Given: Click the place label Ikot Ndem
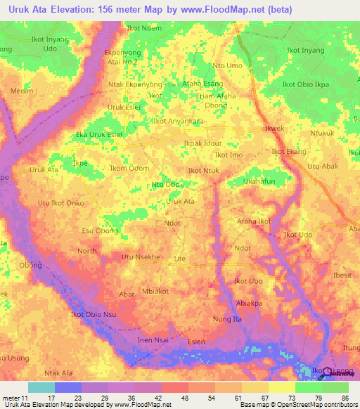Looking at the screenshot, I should (x=143, y=29).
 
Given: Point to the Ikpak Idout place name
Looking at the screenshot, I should (x=202, y=143).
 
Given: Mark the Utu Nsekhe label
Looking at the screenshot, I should (x=142, y=257).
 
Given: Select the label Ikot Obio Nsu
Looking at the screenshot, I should (x=93, y=313).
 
